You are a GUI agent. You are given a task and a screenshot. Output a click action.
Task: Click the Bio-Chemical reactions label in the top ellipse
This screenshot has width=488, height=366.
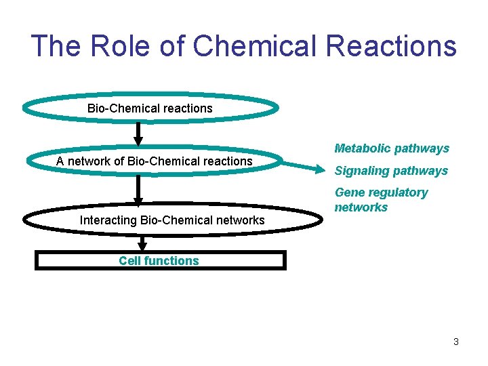(x=150, y=108)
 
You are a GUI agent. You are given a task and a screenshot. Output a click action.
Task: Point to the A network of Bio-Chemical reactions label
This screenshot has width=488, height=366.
(x=154, y=161)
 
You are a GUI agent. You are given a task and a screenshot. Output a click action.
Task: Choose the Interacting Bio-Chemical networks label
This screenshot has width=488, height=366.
(x=172, y=220)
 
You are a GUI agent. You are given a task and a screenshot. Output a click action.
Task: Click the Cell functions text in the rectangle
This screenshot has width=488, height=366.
(x=159, y=261)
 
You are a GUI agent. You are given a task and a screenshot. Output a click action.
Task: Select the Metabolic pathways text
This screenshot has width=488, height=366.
(x=392, y=148)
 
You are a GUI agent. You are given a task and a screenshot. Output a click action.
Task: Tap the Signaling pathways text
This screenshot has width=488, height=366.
(x=391, y=171)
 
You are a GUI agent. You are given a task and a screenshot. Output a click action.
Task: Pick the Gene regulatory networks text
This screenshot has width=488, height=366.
(x=381, y=200)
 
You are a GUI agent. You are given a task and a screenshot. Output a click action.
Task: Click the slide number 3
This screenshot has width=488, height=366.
(x=456, y=342)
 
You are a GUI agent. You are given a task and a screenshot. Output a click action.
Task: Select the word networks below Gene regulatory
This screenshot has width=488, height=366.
(x=361, y=207)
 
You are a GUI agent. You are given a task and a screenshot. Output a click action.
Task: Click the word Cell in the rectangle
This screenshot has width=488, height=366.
(x=129, y=261)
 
